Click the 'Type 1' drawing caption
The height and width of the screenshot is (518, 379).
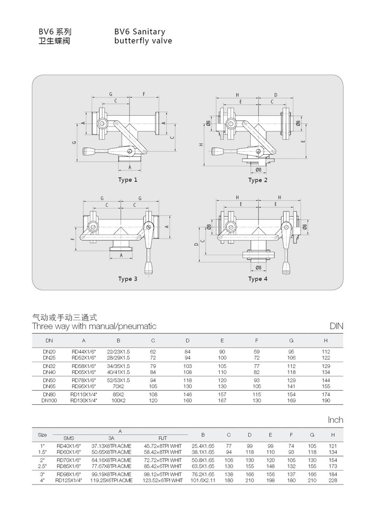(x=128, y=180)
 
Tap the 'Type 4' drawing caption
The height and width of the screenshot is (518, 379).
(x=258, y=279)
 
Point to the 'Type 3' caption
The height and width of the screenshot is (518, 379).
(x=128, y=279)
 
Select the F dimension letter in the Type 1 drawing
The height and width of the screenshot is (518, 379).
(x=144, y=94)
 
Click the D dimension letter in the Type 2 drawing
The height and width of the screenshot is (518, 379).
(x=276, y=95)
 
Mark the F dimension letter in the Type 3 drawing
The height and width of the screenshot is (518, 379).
(x=71, y=239)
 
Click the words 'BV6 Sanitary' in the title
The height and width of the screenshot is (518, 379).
(x=140, y=32)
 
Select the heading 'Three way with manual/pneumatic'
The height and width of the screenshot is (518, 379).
(x=94, y=326)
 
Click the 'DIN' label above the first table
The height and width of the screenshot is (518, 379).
(x=336, y=326)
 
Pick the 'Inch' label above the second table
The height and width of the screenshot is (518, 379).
(x=336, y=420)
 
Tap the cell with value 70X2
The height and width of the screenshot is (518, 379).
(x=119, y=386)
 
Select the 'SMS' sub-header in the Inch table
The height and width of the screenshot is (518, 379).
(x=69, y=438)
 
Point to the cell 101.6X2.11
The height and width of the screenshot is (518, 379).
(x=203, y=480)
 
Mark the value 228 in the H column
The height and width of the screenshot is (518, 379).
(x=333, y=480)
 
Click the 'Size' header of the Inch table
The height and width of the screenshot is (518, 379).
(x=42, y=435)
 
